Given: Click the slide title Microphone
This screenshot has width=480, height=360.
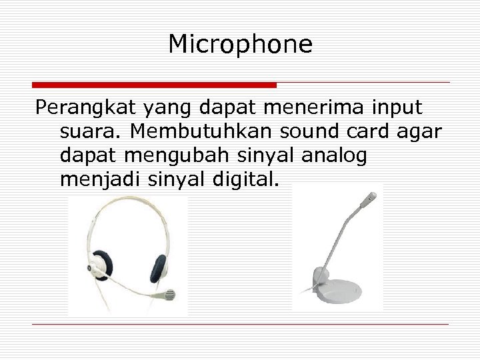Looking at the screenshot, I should click(x=240, y=45).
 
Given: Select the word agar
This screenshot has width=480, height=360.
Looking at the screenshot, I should click(x=419, y=131).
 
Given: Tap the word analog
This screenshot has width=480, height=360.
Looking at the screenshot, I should click(x=334, y=155).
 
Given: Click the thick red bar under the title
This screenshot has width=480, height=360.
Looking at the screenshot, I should click(x=154, y=85).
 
